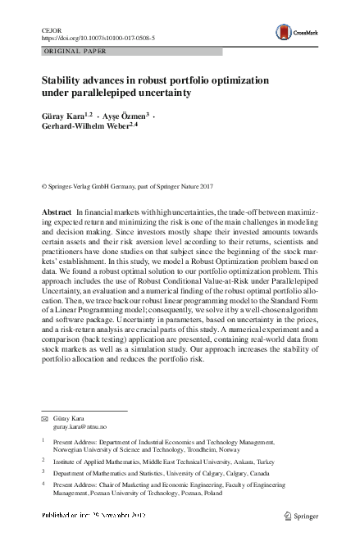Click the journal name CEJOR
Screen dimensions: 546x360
51,30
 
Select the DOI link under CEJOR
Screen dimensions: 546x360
98,38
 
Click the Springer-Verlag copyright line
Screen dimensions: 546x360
131,188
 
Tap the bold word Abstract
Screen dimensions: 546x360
57,212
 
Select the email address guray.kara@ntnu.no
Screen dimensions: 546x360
80,427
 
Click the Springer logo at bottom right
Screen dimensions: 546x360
303,515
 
